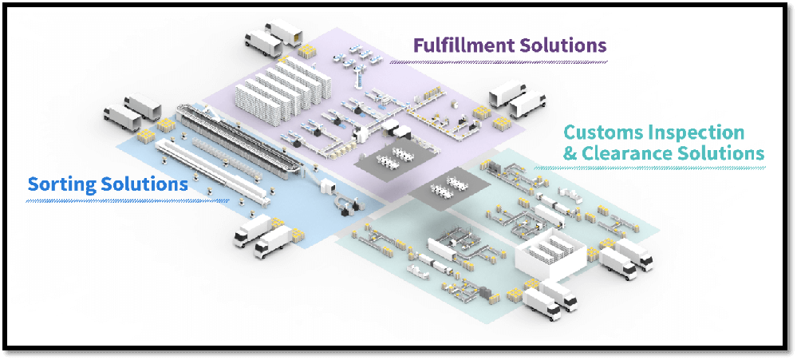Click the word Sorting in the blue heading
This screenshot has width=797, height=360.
point(63,184)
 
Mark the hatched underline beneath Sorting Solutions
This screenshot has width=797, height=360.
point(128,200)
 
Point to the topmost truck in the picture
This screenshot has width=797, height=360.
point(284,32)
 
